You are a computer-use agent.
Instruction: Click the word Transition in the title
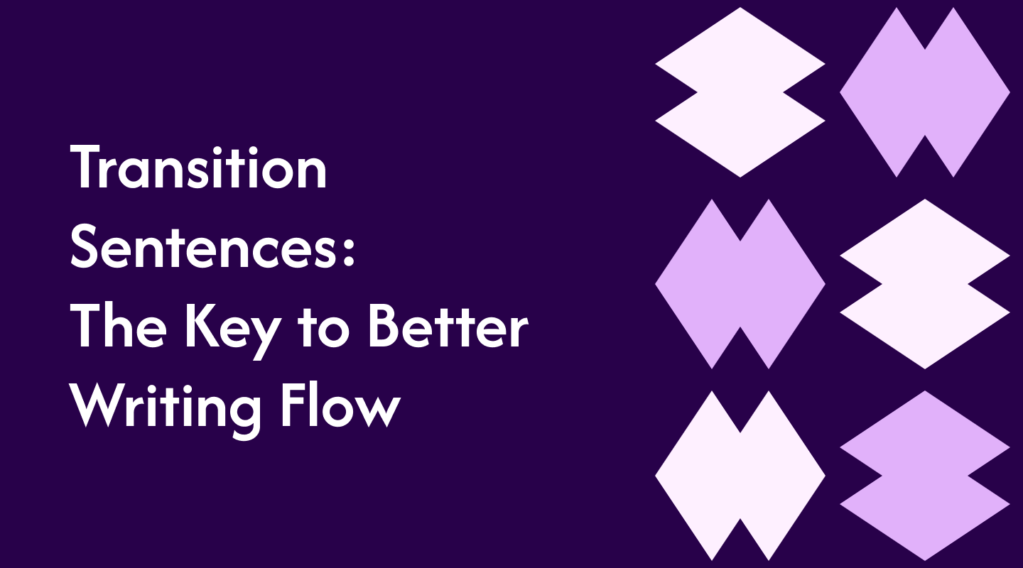(x=199, y=168)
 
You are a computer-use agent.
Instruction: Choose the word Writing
(x=163, y=408)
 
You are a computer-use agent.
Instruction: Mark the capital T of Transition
(x=88, y=168)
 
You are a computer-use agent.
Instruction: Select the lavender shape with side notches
(x=924, y=476)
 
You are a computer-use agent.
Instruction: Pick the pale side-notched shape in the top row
(x=740, y=92)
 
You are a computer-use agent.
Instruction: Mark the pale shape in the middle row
(x=924, y=284)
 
